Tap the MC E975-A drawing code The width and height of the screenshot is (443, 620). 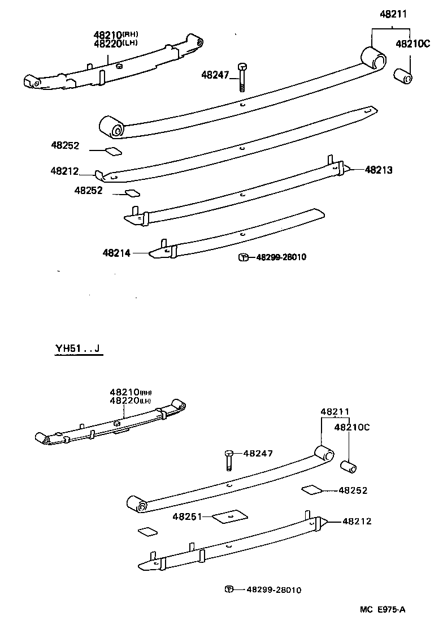[384, 609]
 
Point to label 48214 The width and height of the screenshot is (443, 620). [117, 253]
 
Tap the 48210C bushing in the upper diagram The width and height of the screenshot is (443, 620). [402, 75]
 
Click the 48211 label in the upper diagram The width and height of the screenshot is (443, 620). [393, 15]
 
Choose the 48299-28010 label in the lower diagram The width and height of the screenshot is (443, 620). [273, 590]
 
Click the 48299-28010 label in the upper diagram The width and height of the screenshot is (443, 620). [281, 257]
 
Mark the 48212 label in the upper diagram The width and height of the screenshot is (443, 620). [64, 171]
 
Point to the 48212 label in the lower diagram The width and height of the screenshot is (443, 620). [357, 521]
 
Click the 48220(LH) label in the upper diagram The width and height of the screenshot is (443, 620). [116, 44]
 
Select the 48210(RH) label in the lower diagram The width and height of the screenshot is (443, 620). [131, 391]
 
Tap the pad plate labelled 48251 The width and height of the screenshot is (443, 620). [231, 516]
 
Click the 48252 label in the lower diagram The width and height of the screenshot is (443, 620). [353, 490]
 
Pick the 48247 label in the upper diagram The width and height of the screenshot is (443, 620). [215, 75]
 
